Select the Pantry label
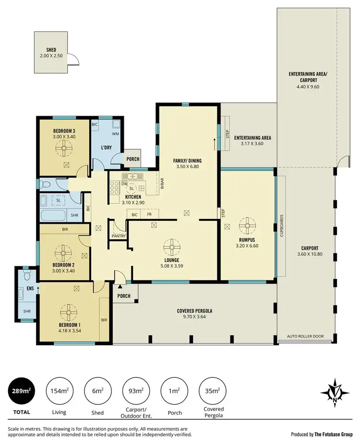(x=118, y=236)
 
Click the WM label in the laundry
(x=116, y=134)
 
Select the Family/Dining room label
(x=188, y=160)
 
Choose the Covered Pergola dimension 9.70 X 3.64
(x=194, y=317)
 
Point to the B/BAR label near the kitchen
(x=162, y=182)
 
